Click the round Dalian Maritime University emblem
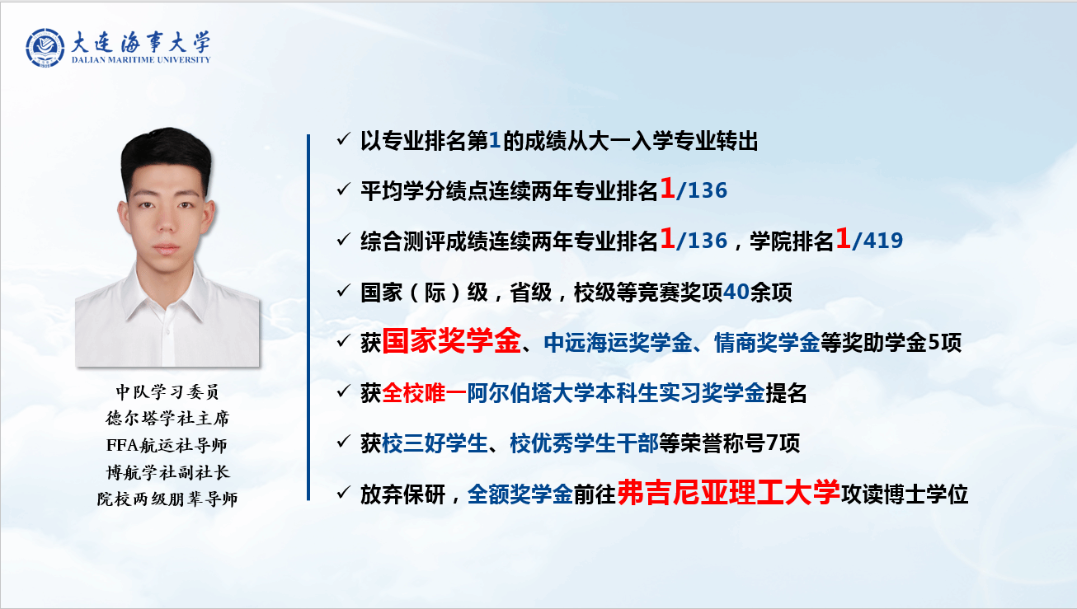coord(45,48)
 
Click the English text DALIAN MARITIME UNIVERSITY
coord(141,60)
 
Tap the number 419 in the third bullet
coord(883,241)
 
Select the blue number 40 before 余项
coord(736,292)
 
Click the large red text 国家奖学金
coord(451,341)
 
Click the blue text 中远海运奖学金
coord(618,343)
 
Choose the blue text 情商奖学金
coord(767,343)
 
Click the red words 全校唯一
coord(424,393)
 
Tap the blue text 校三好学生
coord(435,443)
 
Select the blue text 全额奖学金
coord(520,494)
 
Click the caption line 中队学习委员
coord(167,392)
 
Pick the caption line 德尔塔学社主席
coord(167,419)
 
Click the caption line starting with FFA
coord(167,445)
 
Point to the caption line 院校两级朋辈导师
coord(167,499)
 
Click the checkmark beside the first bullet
coord(343,139)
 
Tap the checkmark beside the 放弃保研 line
coord(343,492)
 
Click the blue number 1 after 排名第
coord(495,141)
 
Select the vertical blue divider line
coord(308,317)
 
